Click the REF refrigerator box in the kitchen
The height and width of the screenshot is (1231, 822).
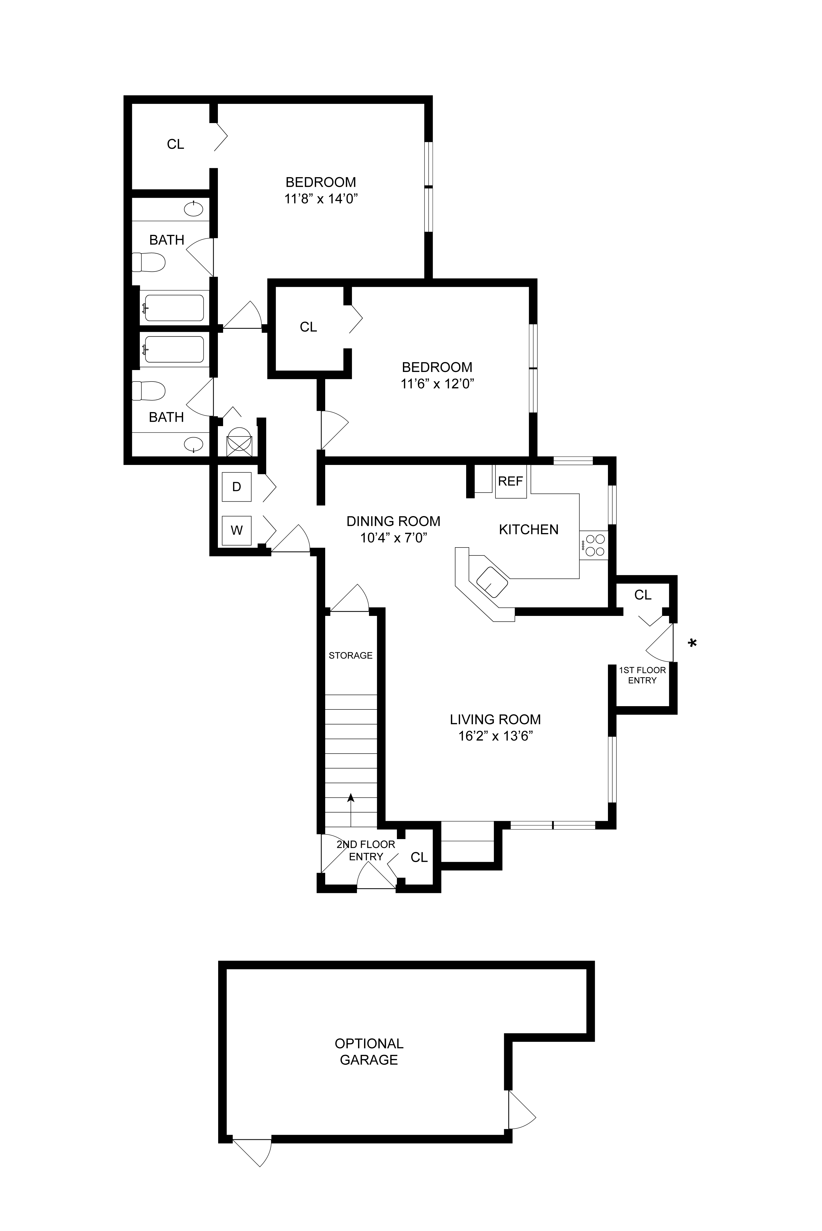pos(510,481)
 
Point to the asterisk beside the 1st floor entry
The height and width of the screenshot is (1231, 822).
pos(693,643)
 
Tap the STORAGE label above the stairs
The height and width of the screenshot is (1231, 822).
pos(351,655)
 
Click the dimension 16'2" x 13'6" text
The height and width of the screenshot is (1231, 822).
pos(495,736)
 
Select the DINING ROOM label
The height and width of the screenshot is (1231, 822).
pos(393,521)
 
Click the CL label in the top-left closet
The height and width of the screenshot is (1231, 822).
pos(176,144)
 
